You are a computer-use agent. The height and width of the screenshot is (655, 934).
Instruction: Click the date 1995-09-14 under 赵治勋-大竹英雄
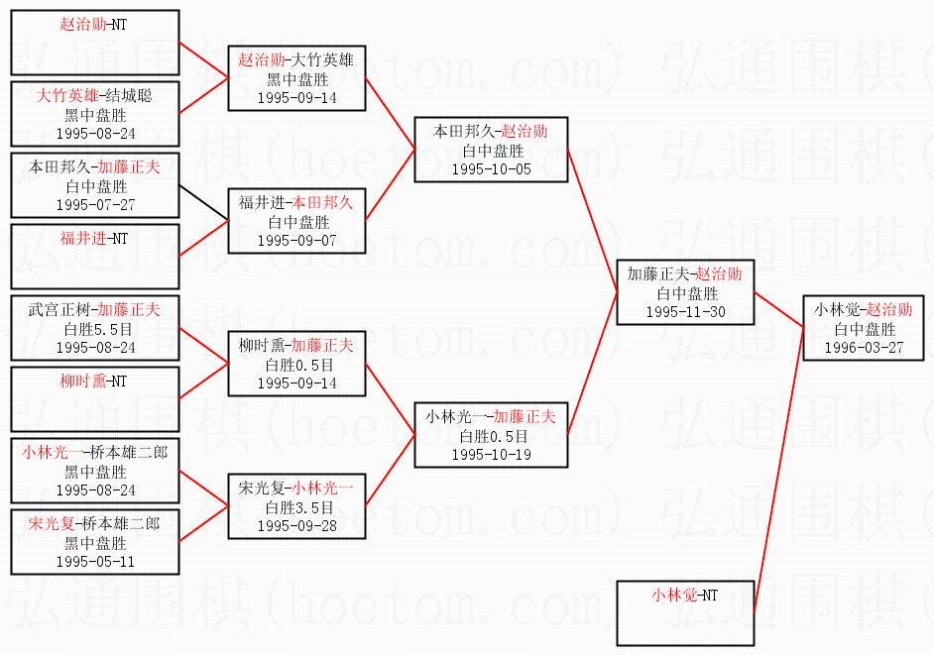click(297, 97)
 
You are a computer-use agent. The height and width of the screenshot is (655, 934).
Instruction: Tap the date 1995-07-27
click(95, 204)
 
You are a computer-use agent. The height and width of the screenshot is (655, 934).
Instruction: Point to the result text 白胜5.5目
click(95, 329)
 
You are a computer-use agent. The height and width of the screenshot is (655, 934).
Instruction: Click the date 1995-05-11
click(95, 561)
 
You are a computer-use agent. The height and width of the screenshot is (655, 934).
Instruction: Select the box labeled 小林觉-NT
click(685, 612)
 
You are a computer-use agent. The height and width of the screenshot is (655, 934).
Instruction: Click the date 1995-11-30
click(685, 311)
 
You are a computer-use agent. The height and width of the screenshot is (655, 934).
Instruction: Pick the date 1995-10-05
click(491, 168)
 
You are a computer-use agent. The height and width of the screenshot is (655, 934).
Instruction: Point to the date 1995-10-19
click(491, 454)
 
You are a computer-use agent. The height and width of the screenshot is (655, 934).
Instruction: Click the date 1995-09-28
click(297, 525)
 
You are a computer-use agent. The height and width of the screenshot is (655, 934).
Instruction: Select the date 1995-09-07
click(297, 240)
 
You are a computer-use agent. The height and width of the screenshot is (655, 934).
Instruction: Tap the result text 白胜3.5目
click(297, 507)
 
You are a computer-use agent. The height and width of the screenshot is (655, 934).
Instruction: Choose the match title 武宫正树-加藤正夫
click(95, 310)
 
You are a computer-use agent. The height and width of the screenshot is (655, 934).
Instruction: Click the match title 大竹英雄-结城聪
click(95, 96)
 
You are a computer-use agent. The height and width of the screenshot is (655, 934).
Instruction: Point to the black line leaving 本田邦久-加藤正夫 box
click(203, 201)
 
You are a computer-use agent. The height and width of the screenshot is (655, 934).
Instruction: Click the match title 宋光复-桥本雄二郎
click(95, 524)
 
